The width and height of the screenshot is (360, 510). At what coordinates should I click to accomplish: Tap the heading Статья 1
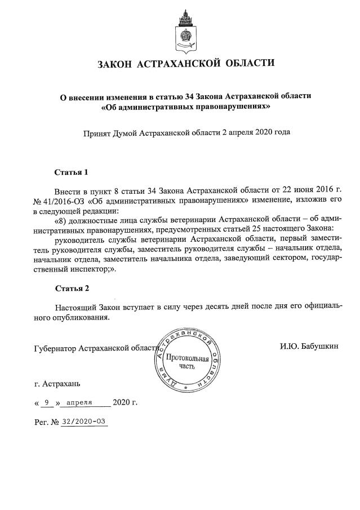[72, 171]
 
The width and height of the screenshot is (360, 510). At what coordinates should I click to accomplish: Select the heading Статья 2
[72, 289]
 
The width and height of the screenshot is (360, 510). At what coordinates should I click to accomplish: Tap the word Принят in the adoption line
[97, 133]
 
